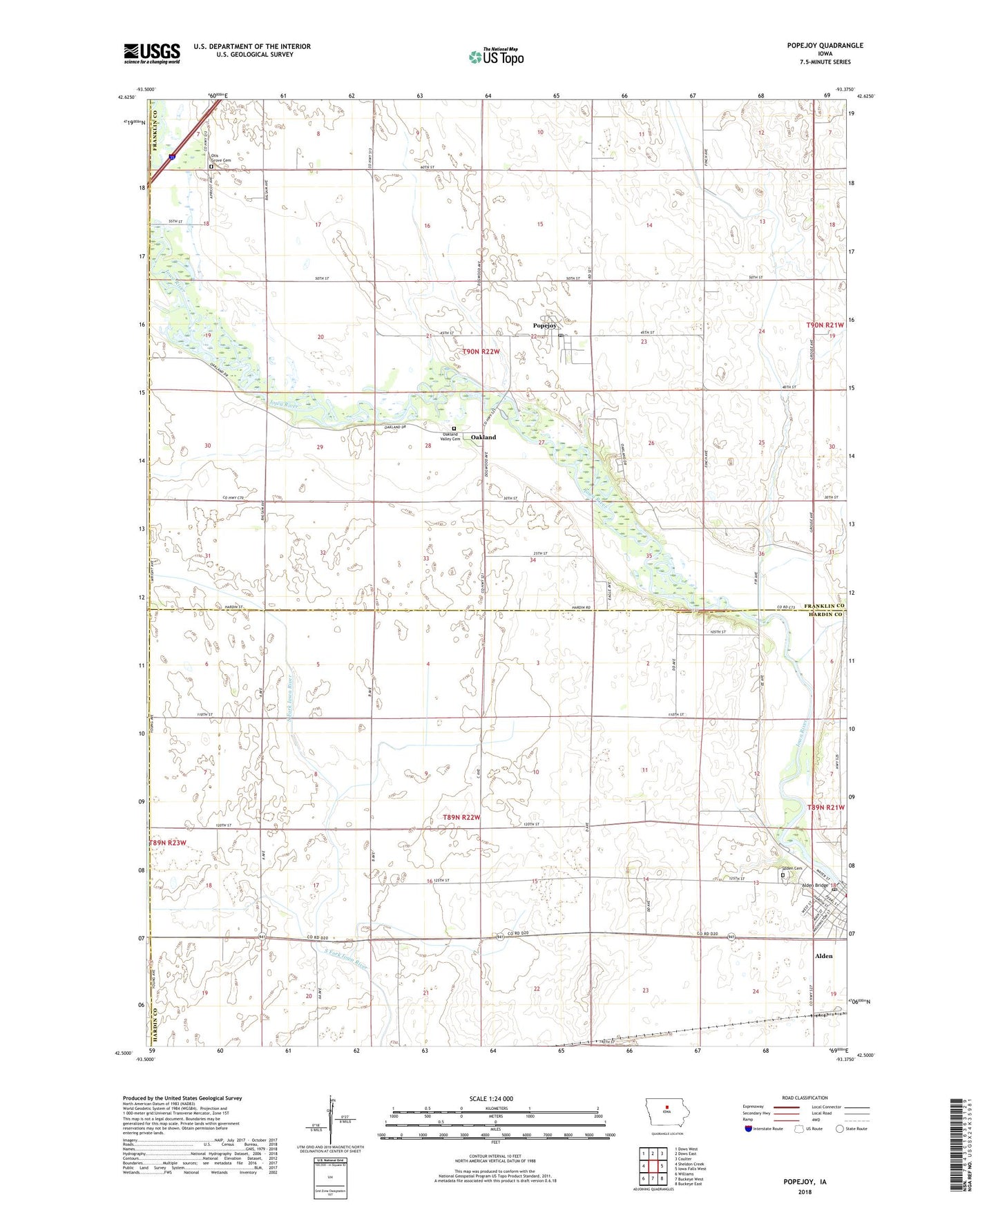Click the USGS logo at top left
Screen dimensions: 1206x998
point(152,53)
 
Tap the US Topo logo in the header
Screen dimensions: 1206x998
point(496,57)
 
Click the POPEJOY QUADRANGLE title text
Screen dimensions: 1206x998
point(825,46)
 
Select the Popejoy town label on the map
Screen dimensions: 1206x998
point(544,326)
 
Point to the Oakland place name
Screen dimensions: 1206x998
point(483,437)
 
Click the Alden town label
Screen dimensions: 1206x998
point(823,956)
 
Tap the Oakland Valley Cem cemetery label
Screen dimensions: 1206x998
point(451,437)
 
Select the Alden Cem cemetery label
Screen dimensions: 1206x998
point(791,868)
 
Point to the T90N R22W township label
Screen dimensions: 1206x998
point(480,352)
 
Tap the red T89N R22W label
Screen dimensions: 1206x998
point(461,817)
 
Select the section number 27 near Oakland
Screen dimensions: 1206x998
point(542,443)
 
